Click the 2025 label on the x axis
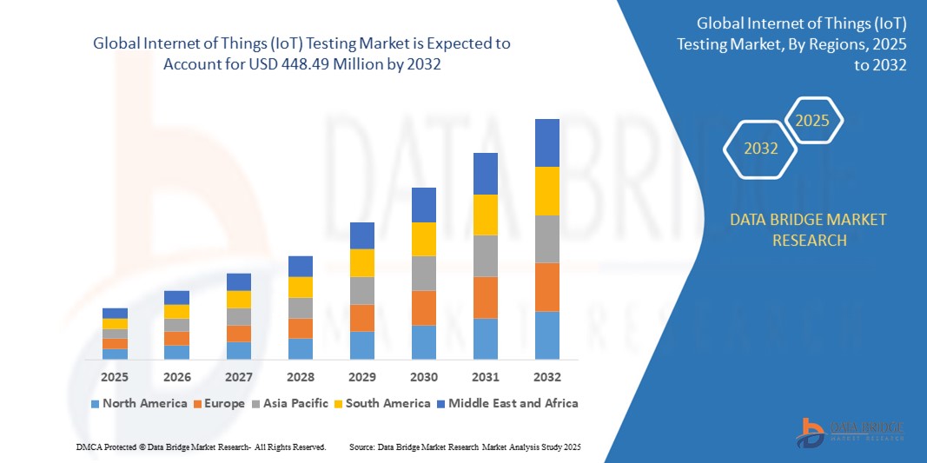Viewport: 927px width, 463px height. click(115, 377)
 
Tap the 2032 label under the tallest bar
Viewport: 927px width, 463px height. click(546, 377)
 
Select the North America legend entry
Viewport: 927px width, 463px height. click(139, 403)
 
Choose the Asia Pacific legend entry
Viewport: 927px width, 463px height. click(292, 403)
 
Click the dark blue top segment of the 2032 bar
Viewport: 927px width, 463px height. click(546, 142)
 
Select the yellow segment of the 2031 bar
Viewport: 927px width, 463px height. click(485, 215)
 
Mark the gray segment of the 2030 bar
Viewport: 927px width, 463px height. click(423, 273)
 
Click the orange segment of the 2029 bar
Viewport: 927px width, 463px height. click(361, 317)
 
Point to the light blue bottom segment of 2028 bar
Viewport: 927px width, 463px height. click(300, 348)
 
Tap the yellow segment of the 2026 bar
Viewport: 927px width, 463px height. click(176, 311)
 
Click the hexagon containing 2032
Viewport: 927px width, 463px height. click(761, 149)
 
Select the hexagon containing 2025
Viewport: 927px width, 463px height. click(813, 121)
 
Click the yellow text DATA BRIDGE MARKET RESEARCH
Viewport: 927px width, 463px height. click(809, 229)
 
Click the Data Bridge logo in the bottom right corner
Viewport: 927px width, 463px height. click(851, 432)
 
